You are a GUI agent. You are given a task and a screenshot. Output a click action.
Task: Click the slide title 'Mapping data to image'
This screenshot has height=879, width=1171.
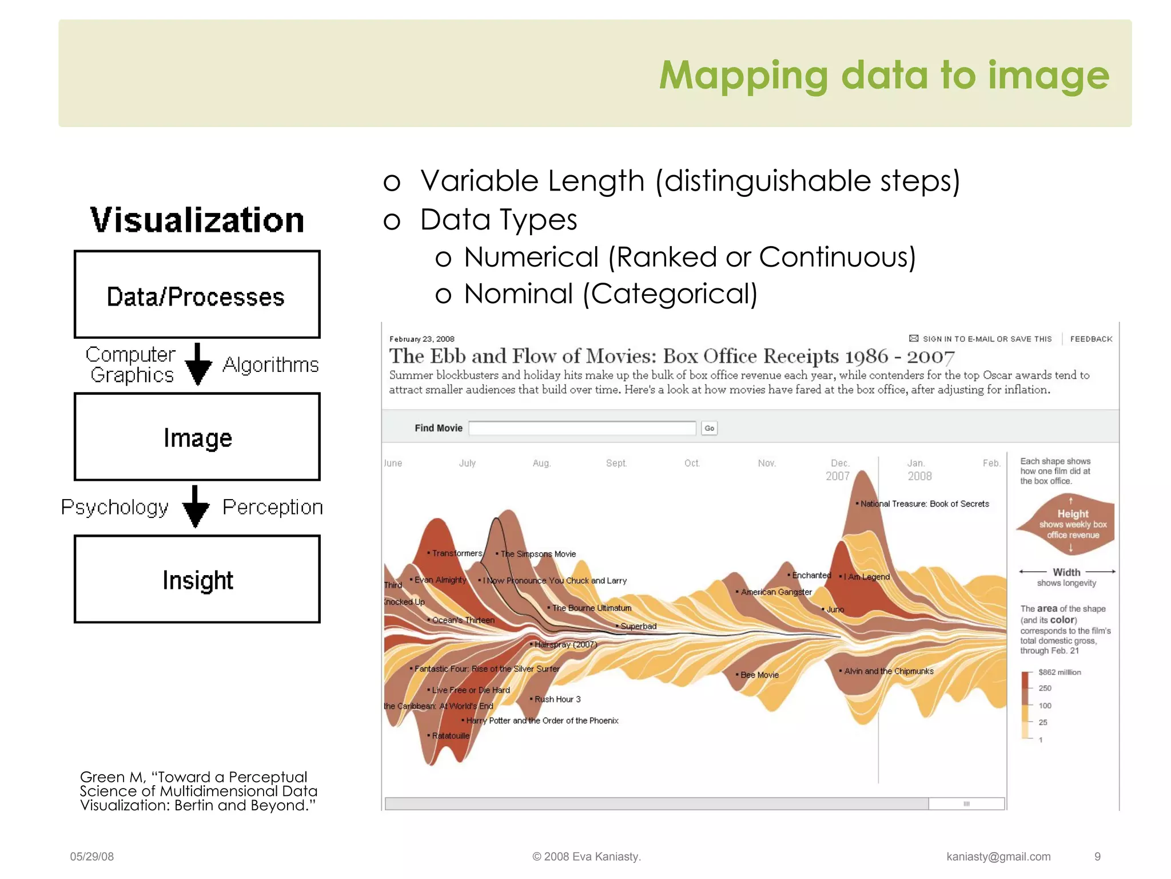point(883,76)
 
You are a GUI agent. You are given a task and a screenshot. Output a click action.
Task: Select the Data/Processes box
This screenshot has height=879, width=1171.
point(197,295)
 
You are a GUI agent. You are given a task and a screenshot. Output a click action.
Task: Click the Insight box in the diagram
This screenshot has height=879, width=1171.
point(197,579)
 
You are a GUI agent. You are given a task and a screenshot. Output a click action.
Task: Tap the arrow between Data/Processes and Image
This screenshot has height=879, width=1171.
point(198,365)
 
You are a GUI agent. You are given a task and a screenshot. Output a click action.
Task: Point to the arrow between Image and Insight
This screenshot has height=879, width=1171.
point(196,506)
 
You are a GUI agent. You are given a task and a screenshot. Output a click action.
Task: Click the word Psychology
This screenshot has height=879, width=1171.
point(114,507)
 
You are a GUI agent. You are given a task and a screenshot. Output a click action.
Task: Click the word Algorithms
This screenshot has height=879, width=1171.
point(270,365)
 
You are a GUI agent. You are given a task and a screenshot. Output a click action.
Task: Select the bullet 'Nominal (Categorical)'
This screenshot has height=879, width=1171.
point(610,294)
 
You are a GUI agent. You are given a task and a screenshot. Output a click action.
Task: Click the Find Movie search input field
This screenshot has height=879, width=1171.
point(582,428)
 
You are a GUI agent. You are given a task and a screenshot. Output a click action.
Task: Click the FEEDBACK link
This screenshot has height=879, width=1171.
point(1091,339)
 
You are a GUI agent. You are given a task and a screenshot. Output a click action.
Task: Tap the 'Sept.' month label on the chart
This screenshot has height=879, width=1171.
point(616,463)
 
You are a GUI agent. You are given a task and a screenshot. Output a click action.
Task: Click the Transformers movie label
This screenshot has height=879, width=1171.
point(457,553)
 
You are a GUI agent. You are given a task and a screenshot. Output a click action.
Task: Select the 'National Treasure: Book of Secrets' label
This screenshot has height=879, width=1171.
point(924,504)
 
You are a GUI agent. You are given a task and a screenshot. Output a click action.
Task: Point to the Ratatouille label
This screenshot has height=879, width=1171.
point(451,735)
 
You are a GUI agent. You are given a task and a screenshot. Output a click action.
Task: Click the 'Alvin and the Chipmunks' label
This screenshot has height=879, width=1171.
point(889,671)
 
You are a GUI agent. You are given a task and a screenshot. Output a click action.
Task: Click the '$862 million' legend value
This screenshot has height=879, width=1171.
point(1060,672)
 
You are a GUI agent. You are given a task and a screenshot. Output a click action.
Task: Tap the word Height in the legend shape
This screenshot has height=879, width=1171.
point(1073,513)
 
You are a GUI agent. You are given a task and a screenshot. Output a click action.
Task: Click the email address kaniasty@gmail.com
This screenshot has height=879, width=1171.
point(998,857)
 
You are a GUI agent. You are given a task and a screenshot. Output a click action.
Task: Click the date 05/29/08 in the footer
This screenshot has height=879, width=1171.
point(92,857)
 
